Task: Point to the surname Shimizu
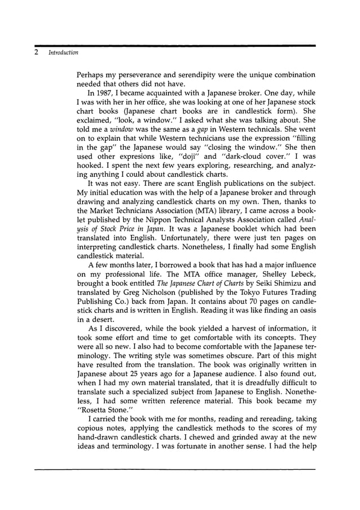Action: coord(278,284)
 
